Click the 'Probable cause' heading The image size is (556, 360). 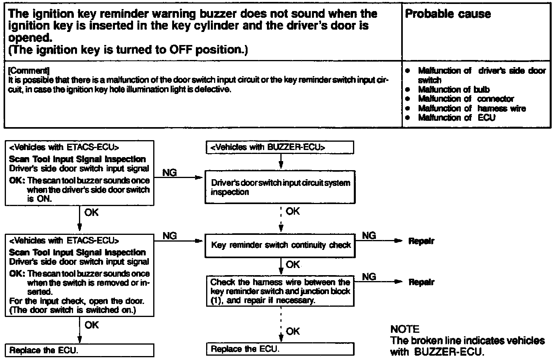(448, 14)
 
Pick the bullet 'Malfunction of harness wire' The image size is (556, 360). (471, 108)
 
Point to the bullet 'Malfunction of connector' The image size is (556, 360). (466, 99)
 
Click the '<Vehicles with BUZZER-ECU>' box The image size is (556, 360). (280, 148)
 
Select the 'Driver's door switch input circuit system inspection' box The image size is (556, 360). (280, 187)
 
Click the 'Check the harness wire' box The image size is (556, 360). (280, 291)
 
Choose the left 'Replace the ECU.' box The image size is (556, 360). (79, 350)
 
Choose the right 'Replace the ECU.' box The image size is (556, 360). (280, 349)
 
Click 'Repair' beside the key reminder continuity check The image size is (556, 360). (421, 241)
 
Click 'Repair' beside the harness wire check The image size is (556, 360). (421, 282)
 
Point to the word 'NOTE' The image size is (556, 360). (405, 329)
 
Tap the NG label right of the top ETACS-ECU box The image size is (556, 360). (169, 173)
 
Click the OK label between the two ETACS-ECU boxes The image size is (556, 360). (91, 213)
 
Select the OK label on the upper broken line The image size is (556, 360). (293, 212)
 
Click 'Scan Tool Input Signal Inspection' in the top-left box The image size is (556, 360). (77, 159)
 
